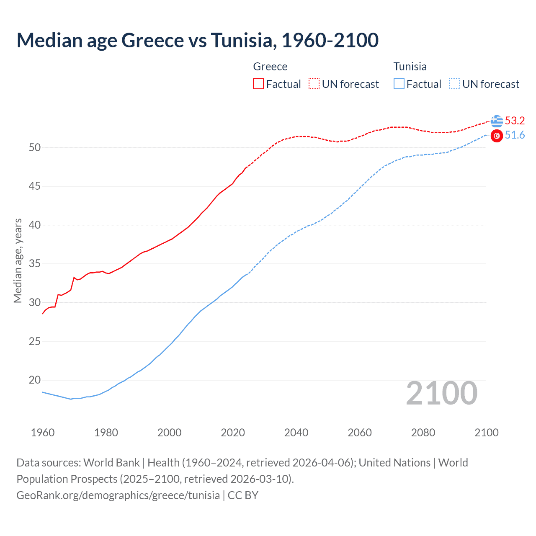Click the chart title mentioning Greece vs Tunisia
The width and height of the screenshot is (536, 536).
(x=197, y=40)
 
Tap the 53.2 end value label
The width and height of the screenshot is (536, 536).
(x=515, y=121)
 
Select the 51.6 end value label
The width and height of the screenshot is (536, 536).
(x=515, y=135)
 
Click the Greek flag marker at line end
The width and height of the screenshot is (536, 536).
(x=497, y=121)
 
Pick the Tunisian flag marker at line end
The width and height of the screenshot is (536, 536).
(x=497, y=136)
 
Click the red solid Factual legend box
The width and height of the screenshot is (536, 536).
(x=258, y=84)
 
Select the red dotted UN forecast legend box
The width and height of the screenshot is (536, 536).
(x=314, y=84)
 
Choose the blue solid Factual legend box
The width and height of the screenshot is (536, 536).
(x=399, y=84)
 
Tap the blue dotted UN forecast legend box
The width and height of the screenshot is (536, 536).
(x=454, y=84)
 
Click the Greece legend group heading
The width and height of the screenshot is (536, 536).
(x=270, y=67)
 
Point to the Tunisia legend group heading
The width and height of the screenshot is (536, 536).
(x=410, y=67)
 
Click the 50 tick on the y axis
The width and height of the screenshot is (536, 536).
(x=35, y=147)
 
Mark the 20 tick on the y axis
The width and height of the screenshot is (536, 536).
(x=35, y=380)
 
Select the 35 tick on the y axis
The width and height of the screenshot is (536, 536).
(x=35, y=264)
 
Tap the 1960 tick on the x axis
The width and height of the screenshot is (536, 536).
(x=43, y=433)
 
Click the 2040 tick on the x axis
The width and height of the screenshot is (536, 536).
(x=296, y=433)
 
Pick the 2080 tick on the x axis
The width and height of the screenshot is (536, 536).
(x=423, y=433)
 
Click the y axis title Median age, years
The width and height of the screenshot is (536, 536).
(x=18, y=260)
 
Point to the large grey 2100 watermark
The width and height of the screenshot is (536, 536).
(x=441, y=393)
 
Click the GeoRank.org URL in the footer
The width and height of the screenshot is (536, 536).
(x=118, y=495)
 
